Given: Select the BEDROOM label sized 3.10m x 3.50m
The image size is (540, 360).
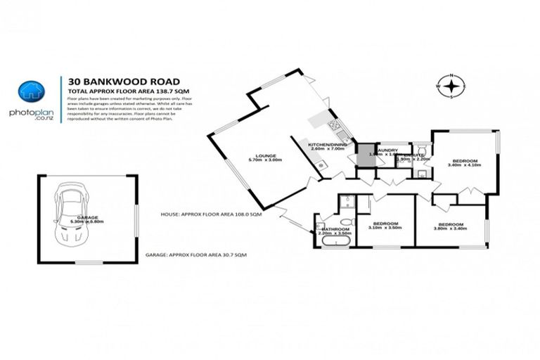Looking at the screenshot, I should click(x=386, y=224).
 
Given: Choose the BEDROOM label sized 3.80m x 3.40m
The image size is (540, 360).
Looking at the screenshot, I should click(x=450, y=224).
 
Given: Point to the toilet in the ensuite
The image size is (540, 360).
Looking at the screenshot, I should click(x=420, y=150).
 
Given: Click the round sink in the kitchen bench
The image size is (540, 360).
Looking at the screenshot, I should click(x=322, y=165).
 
